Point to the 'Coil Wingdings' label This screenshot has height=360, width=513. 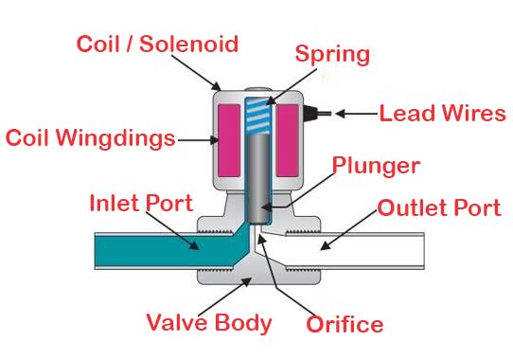pos(90,138)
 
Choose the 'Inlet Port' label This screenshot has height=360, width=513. pos(140,203)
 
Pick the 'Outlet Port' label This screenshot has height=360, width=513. pos(436,207)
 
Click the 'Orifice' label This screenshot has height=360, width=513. pos(345,324)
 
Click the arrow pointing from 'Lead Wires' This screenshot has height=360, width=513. pos(355,115)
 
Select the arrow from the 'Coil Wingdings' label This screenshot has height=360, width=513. pos(196,139)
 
